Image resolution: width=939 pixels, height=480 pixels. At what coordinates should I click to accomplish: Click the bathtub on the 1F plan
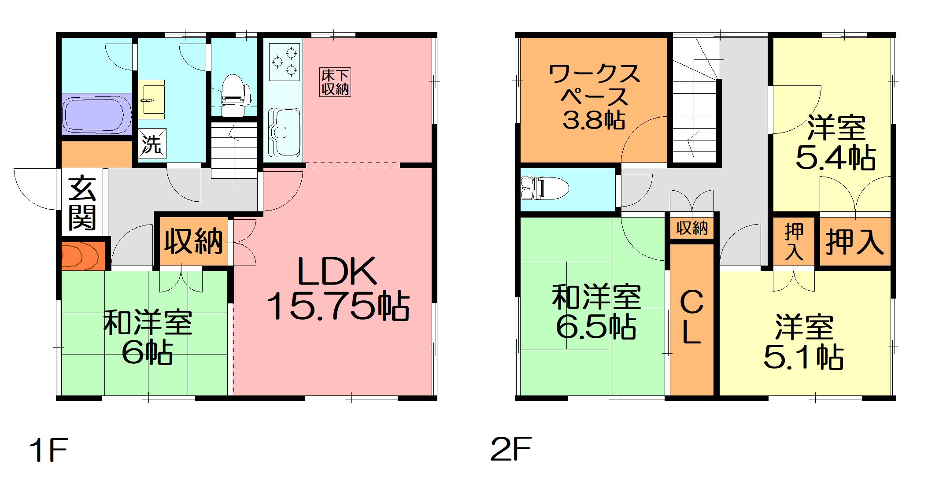pos(96,114)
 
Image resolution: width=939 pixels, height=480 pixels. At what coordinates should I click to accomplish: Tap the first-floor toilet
pos(232,95)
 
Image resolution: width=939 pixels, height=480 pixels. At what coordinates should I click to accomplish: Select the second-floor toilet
pos(543,188)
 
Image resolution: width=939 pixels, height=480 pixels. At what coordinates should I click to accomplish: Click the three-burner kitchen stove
pos(284,62)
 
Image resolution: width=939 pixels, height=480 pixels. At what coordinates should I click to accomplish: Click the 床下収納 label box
pos(335,82)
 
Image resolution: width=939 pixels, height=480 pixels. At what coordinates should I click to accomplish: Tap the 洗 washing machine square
pos(152,144)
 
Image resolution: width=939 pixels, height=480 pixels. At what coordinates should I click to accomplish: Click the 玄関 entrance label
pos(82,203)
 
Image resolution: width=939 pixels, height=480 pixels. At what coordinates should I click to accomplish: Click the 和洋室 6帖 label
pos(148,337)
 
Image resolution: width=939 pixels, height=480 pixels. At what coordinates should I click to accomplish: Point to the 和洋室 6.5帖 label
pos(596,312)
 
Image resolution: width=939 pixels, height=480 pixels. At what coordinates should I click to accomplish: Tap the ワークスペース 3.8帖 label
pos(594,96)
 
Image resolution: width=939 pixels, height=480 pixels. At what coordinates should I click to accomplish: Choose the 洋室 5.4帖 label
pos(835,142)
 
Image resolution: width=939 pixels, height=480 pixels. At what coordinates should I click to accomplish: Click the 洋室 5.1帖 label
pos(804,341)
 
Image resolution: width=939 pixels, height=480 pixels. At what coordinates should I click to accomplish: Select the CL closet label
pos(691,318)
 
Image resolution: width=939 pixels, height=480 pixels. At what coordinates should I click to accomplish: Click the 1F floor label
pos(48,450)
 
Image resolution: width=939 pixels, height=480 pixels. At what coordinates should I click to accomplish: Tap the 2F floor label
pos(511,449)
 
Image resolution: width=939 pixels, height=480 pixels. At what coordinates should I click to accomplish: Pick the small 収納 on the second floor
pos(692,228)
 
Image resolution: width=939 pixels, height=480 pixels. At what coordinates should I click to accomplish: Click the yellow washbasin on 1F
pos(151,100)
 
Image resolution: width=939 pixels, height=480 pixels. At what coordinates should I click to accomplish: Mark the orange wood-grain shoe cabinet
pos(82,256)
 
